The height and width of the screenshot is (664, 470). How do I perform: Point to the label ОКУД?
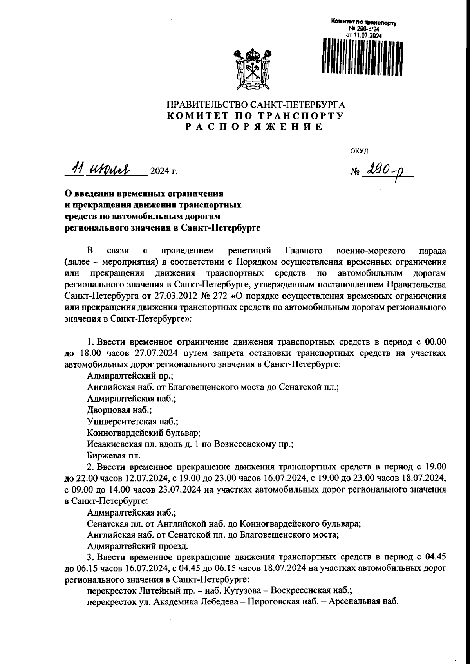(x=359, y=150)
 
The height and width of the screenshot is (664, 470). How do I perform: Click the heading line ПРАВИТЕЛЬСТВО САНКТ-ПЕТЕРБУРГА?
(x=256, y=105)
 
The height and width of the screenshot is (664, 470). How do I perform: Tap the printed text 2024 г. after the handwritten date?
(x=164, y=171)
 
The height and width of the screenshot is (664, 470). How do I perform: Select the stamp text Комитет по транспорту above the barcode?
(x=364, y=23)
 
